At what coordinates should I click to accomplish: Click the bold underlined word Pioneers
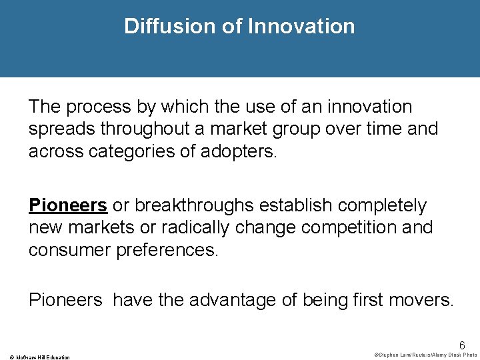(x=68, y=205)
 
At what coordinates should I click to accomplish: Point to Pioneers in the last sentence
(x=65, y=301)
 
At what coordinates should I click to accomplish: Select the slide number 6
(x=462, y=346)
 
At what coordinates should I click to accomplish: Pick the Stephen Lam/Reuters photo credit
(x=425, y=355)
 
